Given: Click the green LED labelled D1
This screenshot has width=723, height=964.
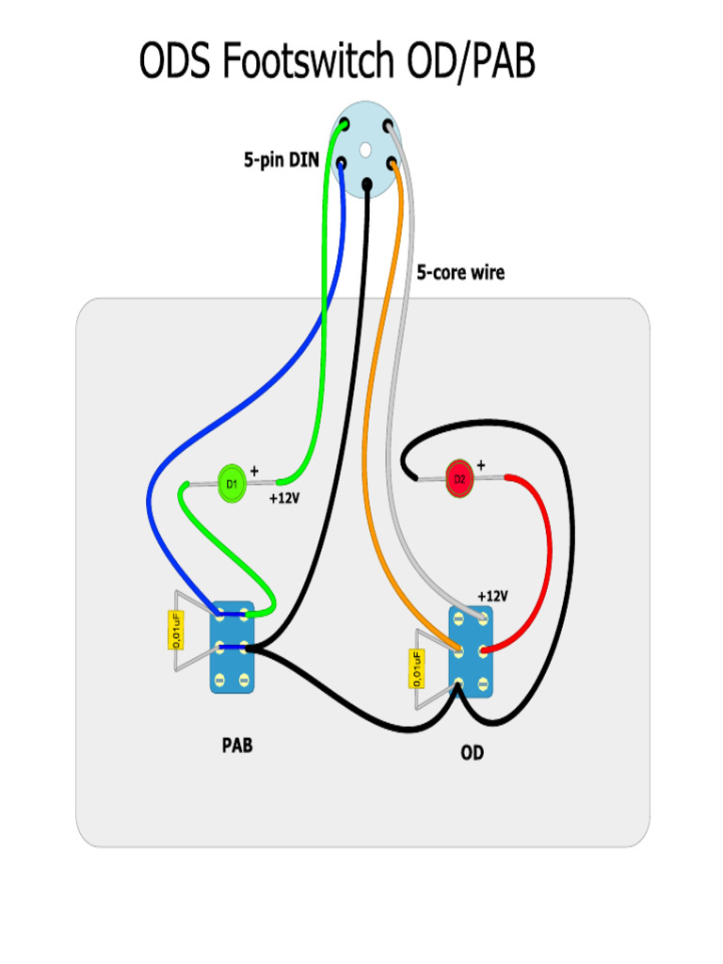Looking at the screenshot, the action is (232, 484).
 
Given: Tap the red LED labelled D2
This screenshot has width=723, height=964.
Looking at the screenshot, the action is (459, 479).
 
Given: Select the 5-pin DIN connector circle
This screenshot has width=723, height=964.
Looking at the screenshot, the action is (366, 150).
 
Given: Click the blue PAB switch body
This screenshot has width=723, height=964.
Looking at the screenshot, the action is (232, 648).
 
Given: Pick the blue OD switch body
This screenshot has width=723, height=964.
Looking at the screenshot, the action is (471, 651).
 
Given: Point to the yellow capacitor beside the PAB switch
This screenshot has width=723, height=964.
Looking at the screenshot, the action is (176, 630).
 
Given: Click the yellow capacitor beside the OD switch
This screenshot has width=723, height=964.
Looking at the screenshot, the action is (417, 669).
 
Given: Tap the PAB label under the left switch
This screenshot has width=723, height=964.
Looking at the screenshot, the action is (237, 746).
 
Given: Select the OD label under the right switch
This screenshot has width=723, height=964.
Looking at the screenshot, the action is (473, 752).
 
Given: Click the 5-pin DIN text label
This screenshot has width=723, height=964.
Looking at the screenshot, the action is (281, 160).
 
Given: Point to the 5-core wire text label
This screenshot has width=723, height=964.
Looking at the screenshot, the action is (460, 272).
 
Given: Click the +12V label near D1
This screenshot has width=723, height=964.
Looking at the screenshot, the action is (284, 498).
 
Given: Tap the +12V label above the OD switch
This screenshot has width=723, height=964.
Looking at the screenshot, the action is (493, 596).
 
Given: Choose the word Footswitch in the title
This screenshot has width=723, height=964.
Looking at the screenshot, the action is (308, 60).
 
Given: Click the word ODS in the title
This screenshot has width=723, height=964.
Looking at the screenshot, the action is (175, 60).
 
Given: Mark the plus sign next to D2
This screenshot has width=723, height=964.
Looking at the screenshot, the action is (481, 465).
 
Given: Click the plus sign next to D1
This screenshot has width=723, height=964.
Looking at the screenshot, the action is (254, 471).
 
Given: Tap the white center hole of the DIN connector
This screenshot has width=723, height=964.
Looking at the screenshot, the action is (365, 149).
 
